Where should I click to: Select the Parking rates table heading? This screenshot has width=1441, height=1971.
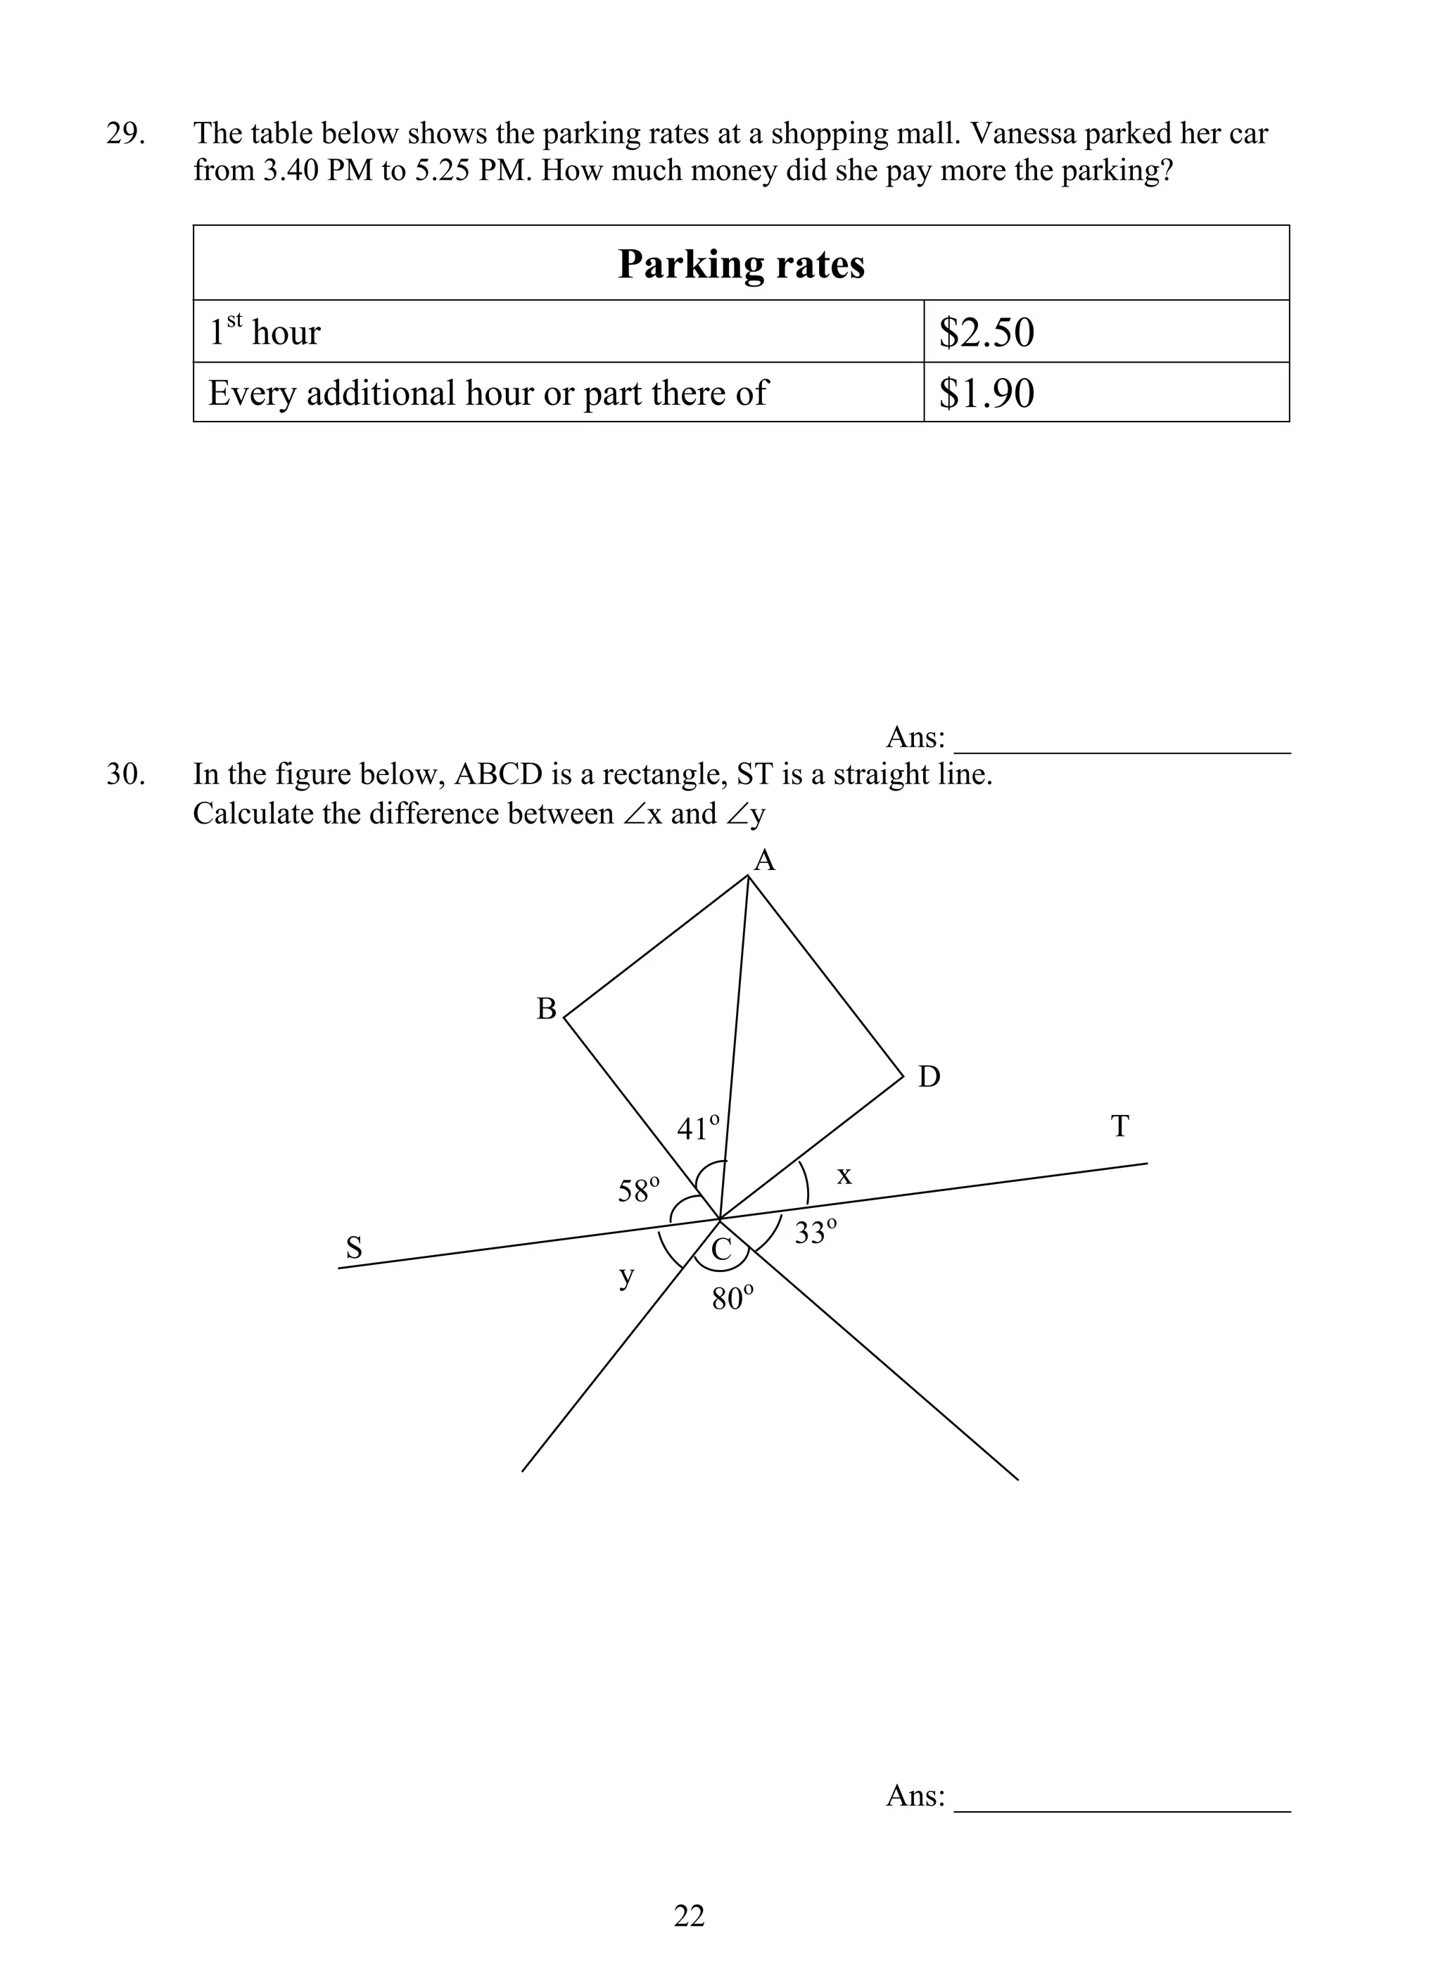point(741,263)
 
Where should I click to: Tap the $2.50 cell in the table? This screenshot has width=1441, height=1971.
point(986,332)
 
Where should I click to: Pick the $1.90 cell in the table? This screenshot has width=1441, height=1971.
point(986,393)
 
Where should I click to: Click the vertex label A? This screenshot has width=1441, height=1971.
point(764,861)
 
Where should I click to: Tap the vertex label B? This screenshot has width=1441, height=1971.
point(546,1009)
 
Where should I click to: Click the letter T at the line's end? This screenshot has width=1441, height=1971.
point(1120,1127)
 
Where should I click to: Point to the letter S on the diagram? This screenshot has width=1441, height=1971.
point(353,1247)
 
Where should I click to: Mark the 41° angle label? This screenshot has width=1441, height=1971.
point(699,1128)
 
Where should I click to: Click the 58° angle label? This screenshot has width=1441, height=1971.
point(638,1190)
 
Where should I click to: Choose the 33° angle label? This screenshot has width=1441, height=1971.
point(815,1232)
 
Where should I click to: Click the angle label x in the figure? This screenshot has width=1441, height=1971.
point(844,1176)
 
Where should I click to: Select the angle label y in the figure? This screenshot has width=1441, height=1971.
point(626,1276)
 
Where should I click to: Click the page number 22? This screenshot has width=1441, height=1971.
point(689,1915)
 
